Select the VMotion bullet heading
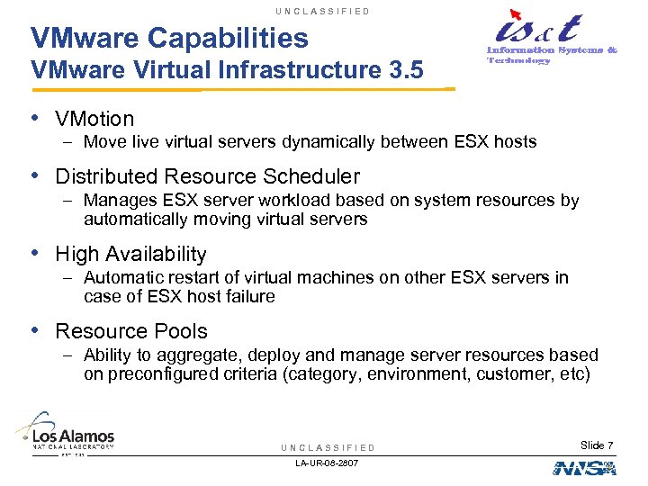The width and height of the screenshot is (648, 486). pos(94,119)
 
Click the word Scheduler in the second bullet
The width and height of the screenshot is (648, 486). pos(311,176)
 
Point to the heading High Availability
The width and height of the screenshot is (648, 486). pos(131,255)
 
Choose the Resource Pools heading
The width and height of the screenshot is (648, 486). pos(131,331)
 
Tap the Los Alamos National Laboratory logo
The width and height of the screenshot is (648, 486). pos(65,432)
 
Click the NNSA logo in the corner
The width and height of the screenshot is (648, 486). pos(584,468)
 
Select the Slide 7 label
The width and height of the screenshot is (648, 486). pos(597,445)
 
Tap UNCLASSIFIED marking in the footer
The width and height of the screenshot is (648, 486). pos(328,447)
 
